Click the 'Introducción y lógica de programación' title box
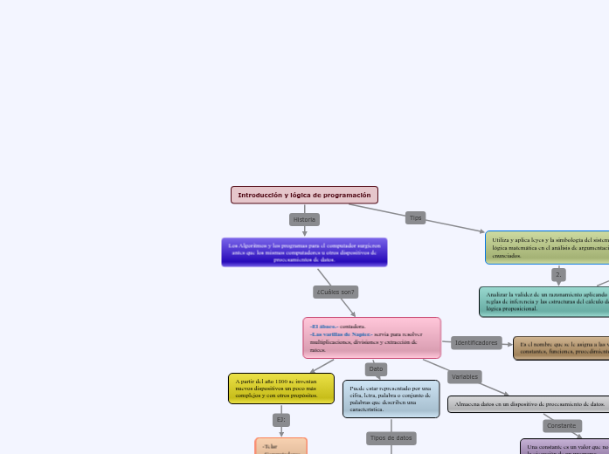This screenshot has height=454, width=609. [x=304, y=195]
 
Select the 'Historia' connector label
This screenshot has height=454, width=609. [x=304, y=219]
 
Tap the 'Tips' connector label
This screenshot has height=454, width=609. [x=416, y=217]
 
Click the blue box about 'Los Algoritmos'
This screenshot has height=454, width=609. [x=304, y=252]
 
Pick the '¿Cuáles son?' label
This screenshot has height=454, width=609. [x=336, y=291]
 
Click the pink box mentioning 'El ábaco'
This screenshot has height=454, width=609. [x=372, y=338]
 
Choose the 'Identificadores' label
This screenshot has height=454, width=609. [x=476, y=343]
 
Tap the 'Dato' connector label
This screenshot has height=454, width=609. [x=376, y=368]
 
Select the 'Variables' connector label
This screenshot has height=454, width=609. [x=465, y=376]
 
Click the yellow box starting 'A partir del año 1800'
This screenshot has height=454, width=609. [x=281, y=389]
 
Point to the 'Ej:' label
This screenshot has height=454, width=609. [x=280, y=420]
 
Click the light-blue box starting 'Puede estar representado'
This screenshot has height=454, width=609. [x=391, y=399]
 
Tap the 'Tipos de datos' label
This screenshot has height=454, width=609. [x=391, y=437]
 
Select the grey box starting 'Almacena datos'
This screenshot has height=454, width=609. [x=529, y=404]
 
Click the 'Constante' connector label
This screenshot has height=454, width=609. [x=562, y=426]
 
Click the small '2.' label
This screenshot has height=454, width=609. [x=559, y=274]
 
